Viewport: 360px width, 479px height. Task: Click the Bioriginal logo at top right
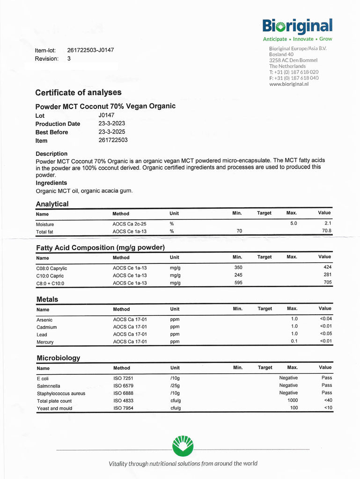coord(297,26)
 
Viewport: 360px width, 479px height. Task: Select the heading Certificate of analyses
coord(78,93)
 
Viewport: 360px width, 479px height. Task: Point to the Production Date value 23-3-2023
coord(112,123)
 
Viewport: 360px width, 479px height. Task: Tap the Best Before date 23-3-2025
coord(112,132)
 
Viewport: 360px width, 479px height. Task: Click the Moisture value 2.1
coord(327,224)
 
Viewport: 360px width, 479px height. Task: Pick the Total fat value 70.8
coord(326,231)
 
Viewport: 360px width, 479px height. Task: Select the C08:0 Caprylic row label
coord(51,269)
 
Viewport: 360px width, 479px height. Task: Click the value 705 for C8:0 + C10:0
coord(327,283)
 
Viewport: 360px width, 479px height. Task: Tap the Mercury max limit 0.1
coord(294,341)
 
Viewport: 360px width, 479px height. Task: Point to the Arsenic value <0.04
coord(325,319)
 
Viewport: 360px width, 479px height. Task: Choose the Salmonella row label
coord(49,386)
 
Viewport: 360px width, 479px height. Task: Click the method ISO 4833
coord(124,400)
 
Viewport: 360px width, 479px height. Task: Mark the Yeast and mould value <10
coord(328,408)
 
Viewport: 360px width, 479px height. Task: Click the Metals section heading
coord(47,299)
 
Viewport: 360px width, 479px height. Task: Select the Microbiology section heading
coord(58,358)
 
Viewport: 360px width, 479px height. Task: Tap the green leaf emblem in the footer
coord(183,445)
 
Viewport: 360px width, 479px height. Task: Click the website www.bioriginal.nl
coord(289,84)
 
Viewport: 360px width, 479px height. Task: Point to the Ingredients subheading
coord(51,183)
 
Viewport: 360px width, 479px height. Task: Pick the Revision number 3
coord(69,58)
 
